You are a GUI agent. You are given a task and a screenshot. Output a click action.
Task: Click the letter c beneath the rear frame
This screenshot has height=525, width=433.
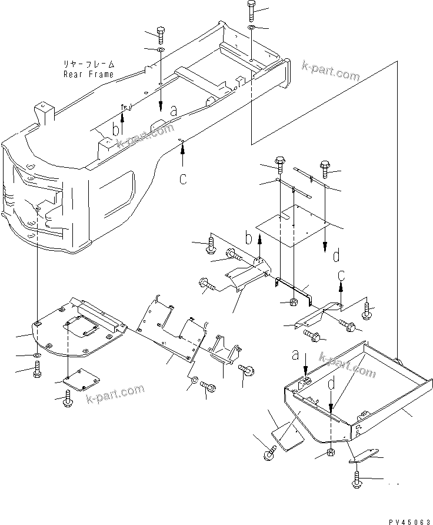tap(183, 179)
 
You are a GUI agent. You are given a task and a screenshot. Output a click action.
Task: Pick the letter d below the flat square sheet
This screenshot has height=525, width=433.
tap(335, 256)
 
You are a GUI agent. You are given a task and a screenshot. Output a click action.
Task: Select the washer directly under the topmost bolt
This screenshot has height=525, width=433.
tap(251, 28)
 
